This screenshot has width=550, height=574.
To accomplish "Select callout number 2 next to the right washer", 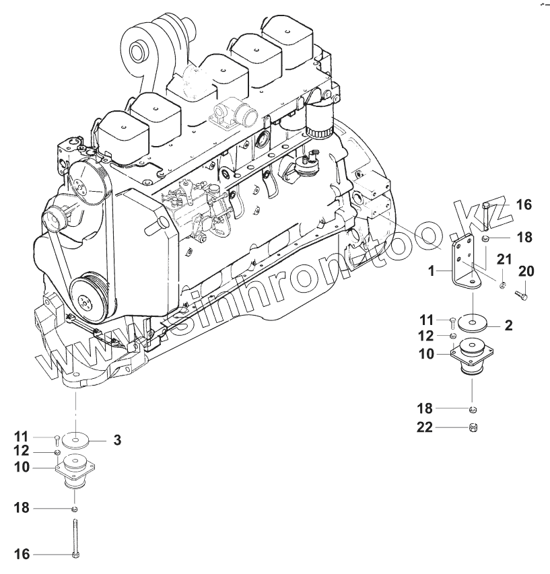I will coord(509,326).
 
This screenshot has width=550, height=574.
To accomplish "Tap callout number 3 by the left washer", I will coord(116,441).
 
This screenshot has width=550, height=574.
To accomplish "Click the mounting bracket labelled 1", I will coord(466,262).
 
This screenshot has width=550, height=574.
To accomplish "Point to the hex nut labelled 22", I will coord(473,427).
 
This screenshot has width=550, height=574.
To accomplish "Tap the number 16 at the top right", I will coord(523,203).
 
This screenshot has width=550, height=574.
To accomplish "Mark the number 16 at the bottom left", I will coord(22,554).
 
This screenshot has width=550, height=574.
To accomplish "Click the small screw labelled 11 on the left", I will coord(57,439).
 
